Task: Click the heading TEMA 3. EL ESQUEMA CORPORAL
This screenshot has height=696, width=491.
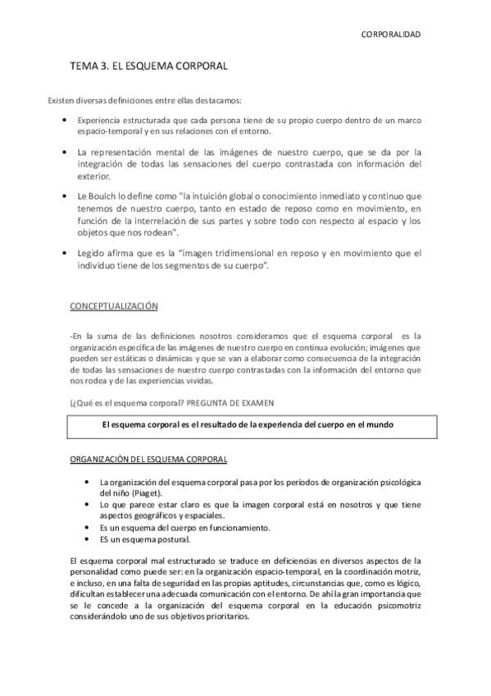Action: point(148,64)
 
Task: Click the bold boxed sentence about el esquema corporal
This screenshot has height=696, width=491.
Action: point(248,425)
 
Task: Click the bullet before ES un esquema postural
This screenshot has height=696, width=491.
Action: point(87,539)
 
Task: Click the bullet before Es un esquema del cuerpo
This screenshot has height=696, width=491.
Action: point(87,527)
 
